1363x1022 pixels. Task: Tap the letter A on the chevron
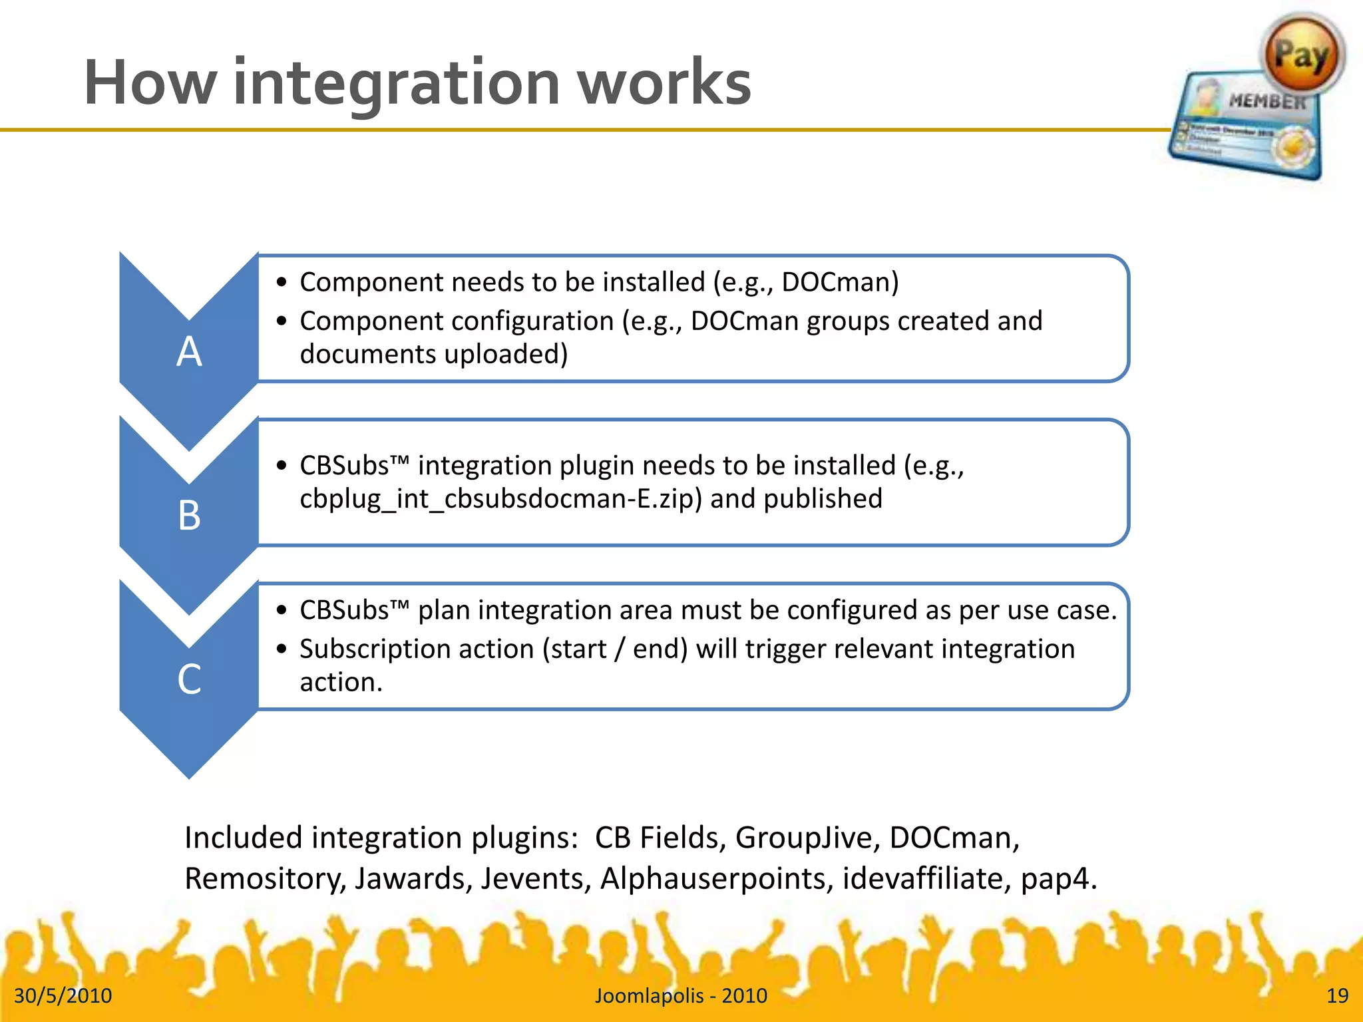189,351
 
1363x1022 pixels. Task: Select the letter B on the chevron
189,516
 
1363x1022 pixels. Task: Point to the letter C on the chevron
189,679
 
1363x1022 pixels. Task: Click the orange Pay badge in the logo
1301,55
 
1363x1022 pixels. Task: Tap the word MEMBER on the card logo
1266,102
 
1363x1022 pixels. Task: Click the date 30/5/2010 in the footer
63,995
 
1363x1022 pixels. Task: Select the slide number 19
1337,995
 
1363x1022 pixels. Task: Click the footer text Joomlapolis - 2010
681,995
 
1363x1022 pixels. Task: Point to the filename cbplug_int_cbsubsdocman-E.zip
500,499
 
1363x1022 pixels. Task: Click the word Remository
264,878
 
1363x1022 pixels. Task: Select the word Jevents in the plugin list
536,878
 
